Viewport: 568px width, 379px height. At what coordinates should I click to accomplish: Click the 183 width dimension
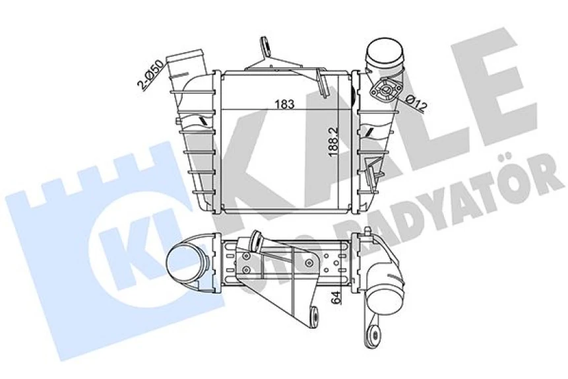coord(286,104)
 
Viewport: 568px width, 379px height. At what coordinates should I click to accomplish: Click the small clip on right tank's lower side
coord(376,173)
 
